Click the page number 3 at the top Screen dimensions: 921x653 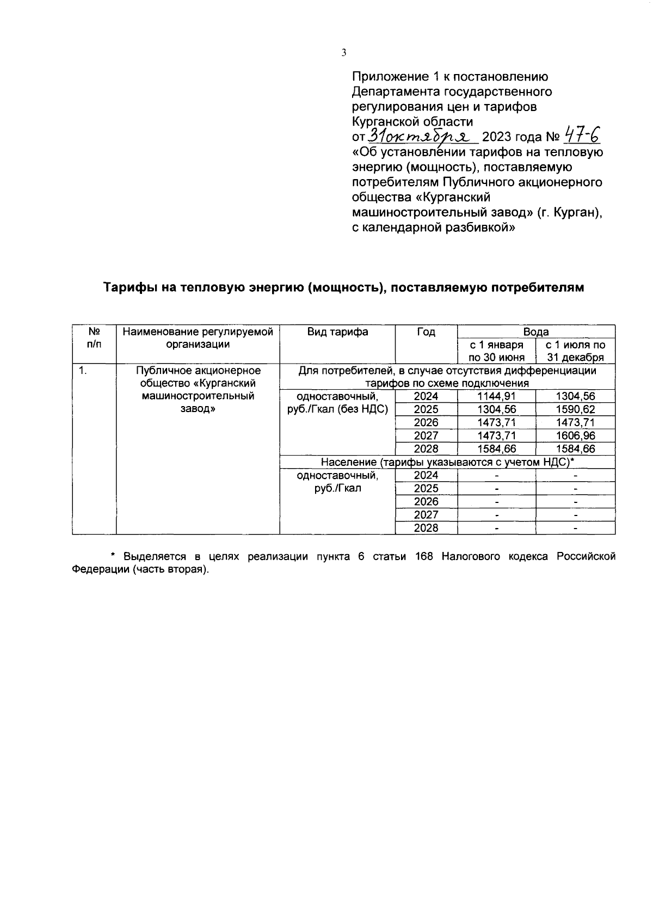[x=343, y=53]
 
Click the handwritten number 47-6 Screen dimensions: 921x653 [x=583, y=134]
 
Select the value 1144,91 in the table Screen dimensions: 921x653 [x=496, y=397]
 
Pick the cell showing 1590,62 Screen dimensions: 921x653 [x=575, y=410]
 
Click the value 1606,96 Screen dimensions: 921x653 [x=575, y=436]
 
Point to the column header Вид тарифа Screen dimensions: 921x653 [x=337, y=332]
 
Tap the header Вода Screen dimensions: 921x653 [x=536, y=332]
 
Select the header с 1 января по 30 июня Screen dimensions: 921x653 [x=496, y=351]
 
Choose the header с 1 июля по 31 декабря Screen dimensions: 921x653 [x=575, y=351]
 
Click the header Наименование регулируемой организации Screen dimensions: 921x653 [x=198, y=338]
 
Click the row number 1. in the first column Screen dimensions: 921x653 [x=83, y=371]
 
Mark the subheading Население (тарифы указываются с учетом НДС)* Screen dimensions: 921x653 [x=447, y=463]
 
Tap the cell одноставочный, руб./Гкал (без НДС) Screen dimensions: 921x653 [x=337, y=403]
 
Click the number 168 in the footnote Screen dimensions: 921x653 [x=424, y=557]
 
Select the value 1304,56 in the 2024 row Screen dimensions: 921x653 [x=575, y=397]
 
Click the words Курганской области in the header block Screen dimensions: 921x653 [x=412, y=121]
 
